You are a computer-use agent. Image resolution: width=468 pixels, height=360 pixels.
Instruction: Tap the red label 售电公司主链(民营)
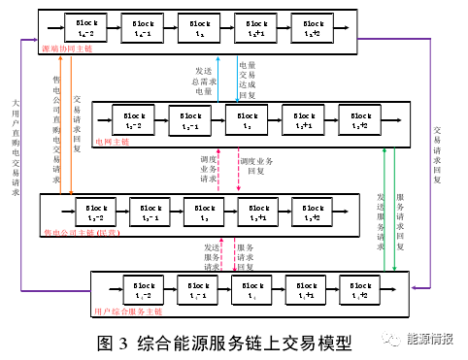tap(92, 233)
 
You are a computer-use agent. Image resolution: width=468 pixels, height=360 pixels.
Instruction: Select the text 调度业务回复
tap(256, 164)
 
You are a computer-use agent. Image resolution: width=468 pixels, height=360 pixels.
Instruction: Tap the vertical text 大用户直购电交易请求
tap(15, 146)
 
